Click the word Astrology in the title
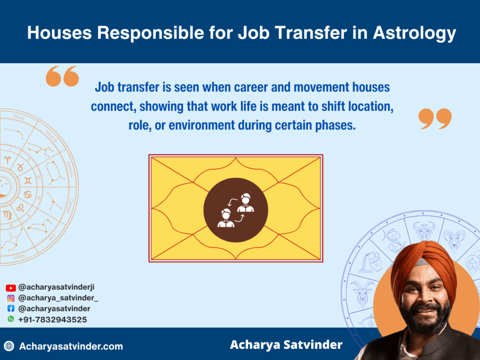click(x=414, y=33)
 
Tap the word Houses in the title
click(x=60, y=32)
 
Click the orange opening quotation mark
click(x=62, y=76)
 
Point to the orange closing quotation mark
click(x=435, y=119)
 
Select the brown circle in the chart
click(x=236, y=210)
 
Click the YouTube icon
click(x=11, y=288)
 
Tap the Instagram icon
click(x=11, y=298)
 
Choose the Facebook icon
click(x=11, y=308)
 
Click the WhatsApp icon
click(x=11, y=319)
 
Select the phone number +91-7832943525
click(x=52, y=320)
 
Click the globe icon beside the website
click(x=9, y=346)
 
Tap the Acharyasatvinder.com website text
click(x=71, y=346)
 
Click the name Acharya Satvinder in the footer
click(x=286, y=345)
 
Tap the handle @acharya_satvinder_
click(x=58, y=298)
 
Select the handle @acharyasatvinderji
click(x=56, y=287)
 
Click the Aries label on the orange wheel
click(x=19, y=117)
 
